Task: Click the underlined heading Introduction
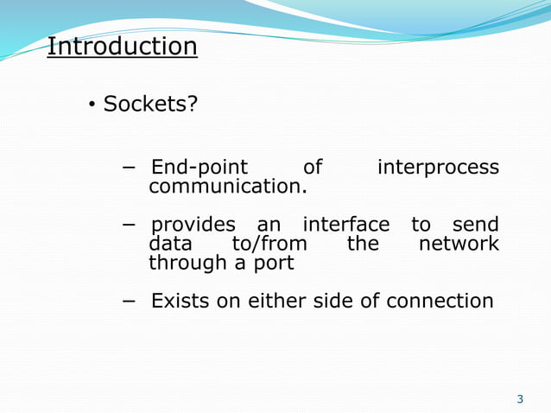click(122, 46)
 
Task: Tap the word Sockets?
click(150, 105)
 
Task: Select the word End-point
click(199, 168)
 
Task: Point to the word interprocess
click(438, 168)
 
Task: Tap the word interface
click(345, 226)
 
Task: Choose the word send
click(476, 226)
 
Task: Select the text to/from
click(269, 244)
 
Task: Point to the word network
click(459, 244)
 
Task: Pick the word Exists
click(180, 302)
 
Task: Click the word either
click(276, 302)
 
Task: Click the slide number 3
click(520, 399)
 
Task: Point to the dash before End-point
click(129, 167)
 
